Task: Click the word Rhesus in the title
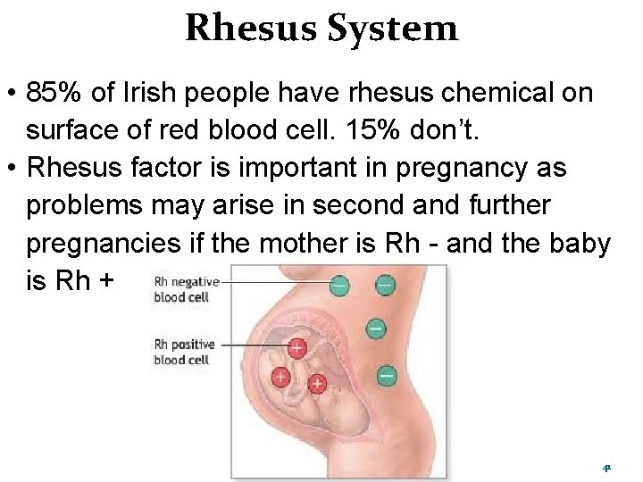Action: point(252,29)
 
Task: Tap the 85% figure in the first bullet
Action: point(51,94)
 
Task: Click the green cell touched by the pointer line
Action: point(339,286)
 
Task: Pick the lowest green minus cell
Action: point(387,376)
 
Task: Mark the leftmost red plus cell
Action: point(280,377)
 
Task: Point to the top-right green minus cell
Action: point(384,285)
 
